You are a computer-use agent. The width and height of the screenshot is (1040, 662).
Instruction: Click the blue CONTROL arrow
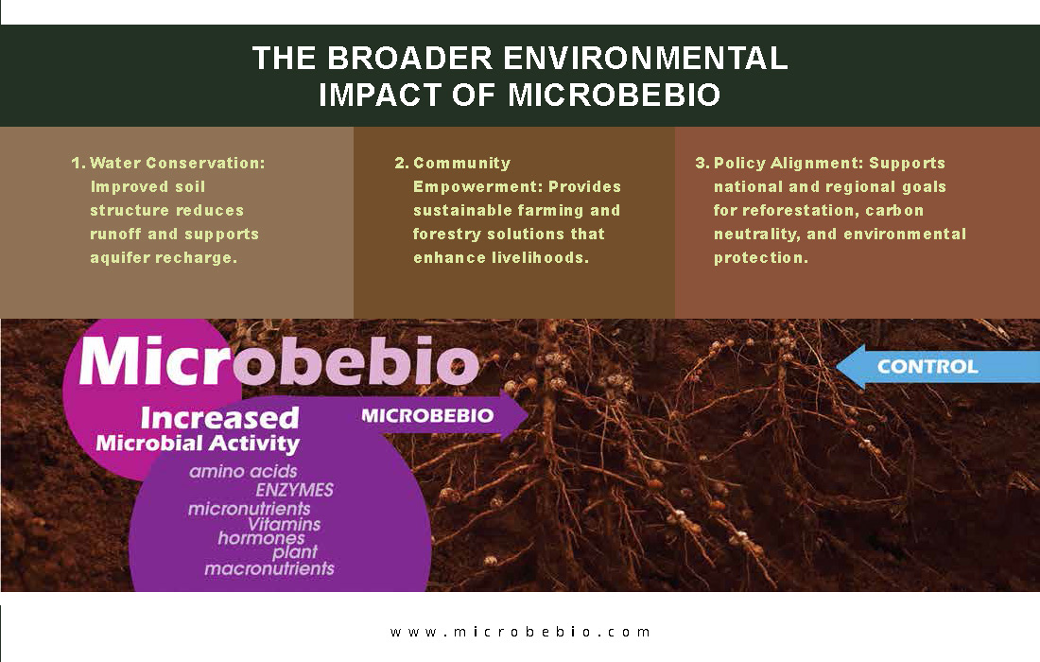tap(937, 366)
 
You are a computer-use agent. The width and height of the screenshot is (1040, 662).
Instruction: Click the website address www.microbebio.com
tap(520, 632)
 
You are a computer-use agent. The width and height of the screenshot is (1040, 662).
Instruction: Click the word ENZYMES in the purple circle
tap(294, 490)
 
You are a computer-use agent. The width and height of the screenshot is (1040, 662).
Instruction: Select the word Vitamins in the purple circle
tap(284, 524)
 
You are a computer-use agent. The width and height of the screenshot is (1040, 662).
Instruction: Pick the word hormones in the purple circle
tap(261, 538)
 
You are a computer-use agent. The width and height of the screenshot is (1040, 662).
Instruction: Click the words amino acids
tap(243, 472)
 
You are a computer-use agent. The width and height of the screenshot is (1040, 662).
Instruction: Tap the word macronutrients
tap(269, 568)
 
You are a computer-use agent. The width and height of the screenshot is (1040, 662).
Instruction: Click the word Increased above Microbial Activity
tap(219, 418)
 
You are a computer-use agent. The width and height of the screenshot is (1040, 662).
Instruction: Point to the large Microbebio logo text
tap(279, 361)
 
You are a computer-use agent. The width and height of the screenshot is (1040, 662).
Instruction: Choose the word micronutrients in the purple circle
tap(250, 509)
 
